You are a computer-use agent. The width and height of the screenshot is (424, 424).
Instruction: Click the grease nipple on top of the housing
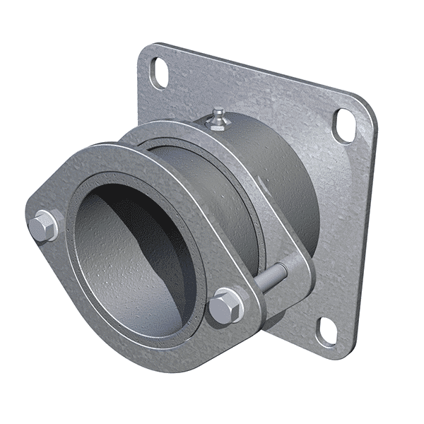[219, 119]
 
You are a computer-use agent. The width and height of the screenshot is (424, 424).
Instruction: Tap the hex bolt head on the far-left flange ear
[43, 225]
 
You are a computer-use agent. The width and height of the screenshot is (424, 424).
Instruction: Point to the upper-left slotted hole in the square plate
[160, 73]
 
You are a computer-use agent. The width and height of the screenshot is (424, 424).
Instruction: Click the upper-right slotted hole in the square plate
[346, 122]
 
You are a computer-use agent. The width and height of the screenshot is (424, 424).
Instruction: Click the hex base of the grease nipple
[218, 125]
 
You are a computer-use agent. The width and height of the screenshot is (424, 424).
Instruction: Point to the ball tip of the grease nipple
[220, 111]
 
